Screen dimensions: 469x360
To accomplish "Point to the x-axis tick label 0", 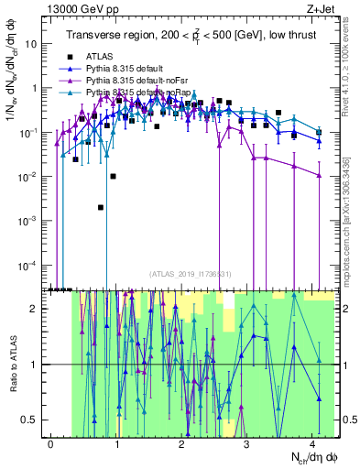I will pyautogui.click(x=50, y=443).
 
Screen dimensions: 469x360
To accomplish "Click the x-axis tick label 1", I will pyautogui.click(x=116, y=443).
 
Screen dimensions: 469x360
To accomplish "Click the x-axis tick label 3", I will pyautogui.click(x=247, y=443).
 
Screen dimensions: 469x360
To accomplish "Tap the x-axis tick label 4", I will pyautogui.click(x=312, y=443).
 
